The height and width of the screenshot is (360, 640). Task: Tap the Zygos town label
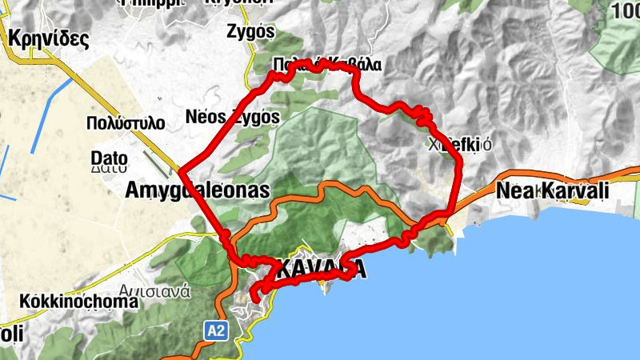(250, 33)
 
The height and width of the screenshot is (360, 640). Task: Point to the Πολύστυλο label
(125, 123)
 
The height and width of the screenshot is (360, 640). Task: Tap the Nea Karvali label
(552, 191)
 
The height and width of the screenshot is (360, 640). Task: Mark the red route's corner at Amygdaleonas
(182, 171)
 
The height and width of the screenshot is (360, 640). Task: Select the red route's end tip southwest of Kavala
(253, 299)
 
